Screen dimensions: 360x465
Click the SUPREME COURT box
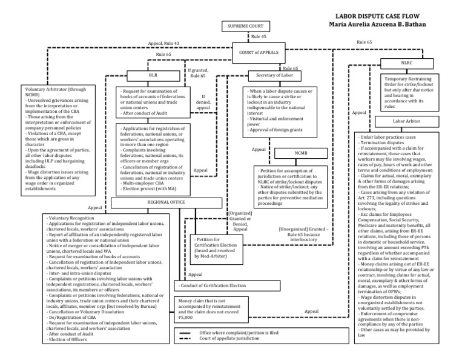(246, 27)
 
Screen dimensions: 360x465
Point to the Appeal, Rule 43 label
(163, 44)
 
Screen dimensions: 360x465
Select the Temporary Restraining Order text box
(410, 90)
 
